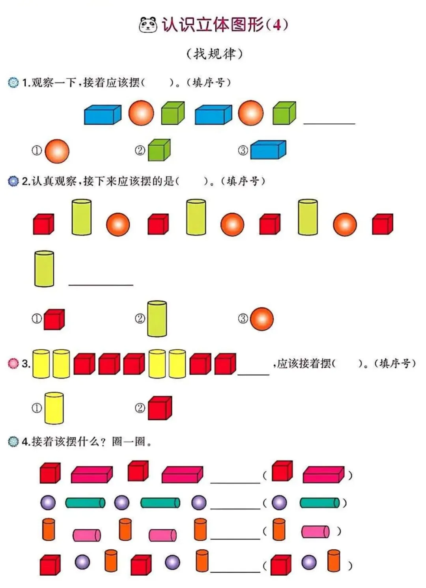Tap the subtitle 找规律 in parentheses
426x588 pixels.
pyautogui.click(x=214, y=54)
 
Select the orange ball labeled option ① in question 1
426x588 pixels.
pyautogui.click(x=57, y=151)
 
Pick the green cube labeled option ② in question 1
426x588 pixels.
pyautogui.click(x=159, y=150)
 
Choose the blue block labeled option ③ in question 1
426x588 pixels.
pyautogui.click(x=268, y=150)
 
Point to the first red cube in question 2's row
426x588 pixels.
pyautogui.click(x=43, y=224)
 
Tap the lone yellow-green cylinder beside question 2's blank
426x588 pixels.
pyautogui.click(x=44, y=269)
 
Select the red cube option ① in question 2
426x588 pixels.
pyautogui.click(x=54, y=319)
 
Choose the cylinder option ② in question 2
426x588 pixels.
pyautogui.click(x=157, y=319)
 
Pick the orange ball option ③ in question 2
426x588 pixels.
pyautogui.click(x=262, y=319)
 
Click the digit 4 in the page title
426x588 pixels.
pyautogui.click(x=277, y=25)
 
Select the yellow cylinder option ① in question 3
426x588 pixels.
pyautogui.click(x=54, y=408)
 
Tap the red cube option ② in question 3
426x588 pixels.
pyautogui.click(x=160, y=408)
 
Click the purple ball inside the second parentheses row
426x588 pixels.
pyautogui.click(x=279, y=502)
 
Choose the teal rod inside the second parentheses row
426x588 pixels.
pyautogui.click(x=319, y=503)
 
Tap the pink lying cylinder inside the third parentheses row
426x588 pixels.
pyautogui.click(x=315, y=532)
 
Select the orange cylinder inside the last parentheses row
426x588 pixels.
pyautogui.click(x=333, y=560)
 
